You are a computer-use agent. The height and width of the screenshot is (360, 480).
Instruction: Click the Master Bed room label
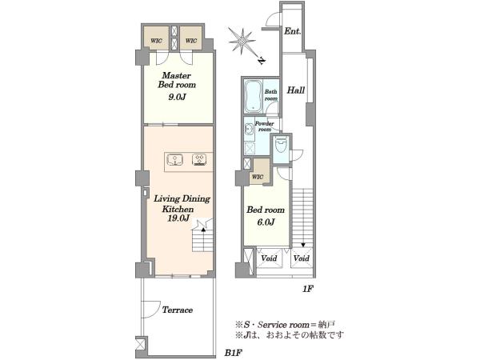(177, 80)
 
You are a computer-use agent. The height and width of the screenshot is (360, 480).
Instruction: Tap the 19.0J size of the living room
(178, 218)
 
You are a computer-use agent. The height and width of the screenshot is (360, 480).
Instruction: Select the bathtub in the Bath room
(253, 95)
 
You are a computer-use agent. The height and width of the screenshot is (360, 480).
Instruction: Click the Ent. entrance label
(292, 31)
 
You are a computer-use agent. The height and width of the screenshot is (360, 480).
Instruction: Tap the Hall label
(295, 90)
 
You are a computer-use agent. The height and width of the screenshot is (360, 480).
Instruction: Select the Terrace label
(178, 310)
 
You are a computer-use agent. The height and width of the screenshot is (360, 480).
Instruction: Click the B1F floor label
(234, 353)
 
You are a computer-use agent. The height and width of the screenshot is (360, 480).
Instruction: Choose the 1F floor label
(308, 288)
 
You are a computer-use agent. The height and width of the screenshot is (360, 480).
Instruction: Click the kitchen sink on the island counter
(174, 160)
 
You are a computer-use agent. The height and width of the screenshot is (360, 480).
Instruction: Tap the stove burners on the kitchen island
(199, 160)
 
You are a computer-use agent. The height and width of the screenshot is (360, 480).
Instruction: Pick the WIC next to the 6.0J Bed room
(257, 177)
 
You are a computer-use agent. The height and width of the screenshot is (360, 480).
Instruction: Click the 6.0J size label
(266, 222)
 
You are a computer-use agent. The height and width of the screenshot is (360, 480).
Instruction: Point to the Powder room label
(265, 126)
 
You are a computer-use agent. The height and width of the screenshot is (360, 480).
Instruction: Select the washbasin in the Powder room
(248, 130)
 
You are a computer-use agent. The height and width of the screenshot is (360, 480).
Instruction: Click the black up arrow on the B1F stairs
(202, 229)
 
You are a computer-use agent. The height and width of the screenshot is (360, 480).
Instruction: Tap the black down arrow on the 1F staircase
(303, 245)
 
